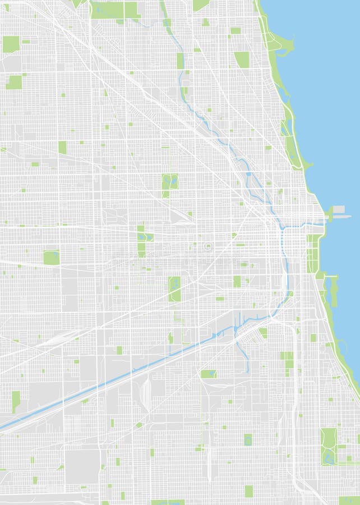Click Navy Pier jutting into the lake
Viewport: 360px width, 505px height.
pos(338,211)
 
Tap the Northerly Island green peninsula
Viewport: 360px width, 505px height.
pos(334,292)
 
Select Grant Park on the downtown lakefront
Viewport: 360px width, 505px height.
pos(312,252)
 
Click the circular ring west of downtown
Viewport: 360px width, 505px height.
pos(207,246)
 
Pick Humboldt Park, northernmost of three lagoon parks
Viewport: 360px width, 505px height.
pos(169,181)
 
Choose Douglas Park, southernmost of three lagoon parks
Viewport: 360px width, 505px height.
pos(174,287)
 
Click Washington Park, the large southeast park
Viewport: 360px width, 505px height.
pos(329,446)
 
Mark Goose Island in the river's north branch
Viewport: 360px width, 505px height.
pos(248,178)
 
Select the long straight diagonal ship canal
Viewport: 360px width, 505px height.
pos(112,382)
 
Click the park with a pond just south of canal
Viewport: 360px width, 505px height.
pos(209,373)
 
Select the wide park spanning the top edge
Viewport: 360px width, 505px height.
pos(115,10)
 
